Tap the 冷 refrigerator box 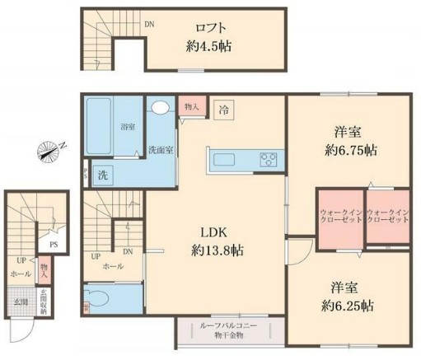(x=224, y=108)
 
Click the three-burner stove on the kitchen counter (x=269, y=159)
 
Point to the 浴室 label (x=127, y=128)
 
